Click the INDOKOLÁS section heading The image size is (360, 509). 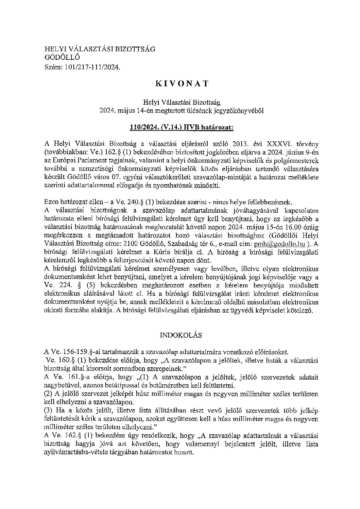181,335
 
